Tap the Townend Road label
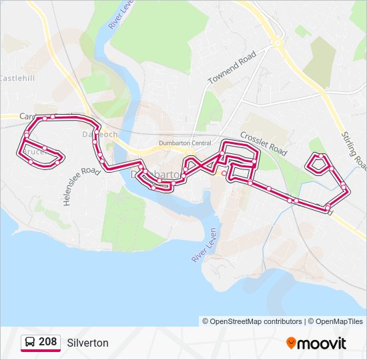coord(232,69)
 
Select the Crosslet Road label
coord(264,143)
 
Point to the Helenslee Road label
coord(81,187)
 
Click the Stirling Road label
coord(353,150)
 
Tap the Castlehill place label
coord(17,78)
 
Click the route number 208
coord(47,342)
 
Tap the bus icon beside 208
coord(30,343)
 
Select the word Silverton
coord(87,343)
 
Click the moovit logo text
coord(322,343)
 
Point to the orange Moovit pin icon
coord(291,343)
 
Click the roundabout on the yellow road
coord(277,45)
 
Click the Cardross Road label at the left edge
coord(27,115)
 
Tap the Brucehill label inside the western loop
coord(37,152)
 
